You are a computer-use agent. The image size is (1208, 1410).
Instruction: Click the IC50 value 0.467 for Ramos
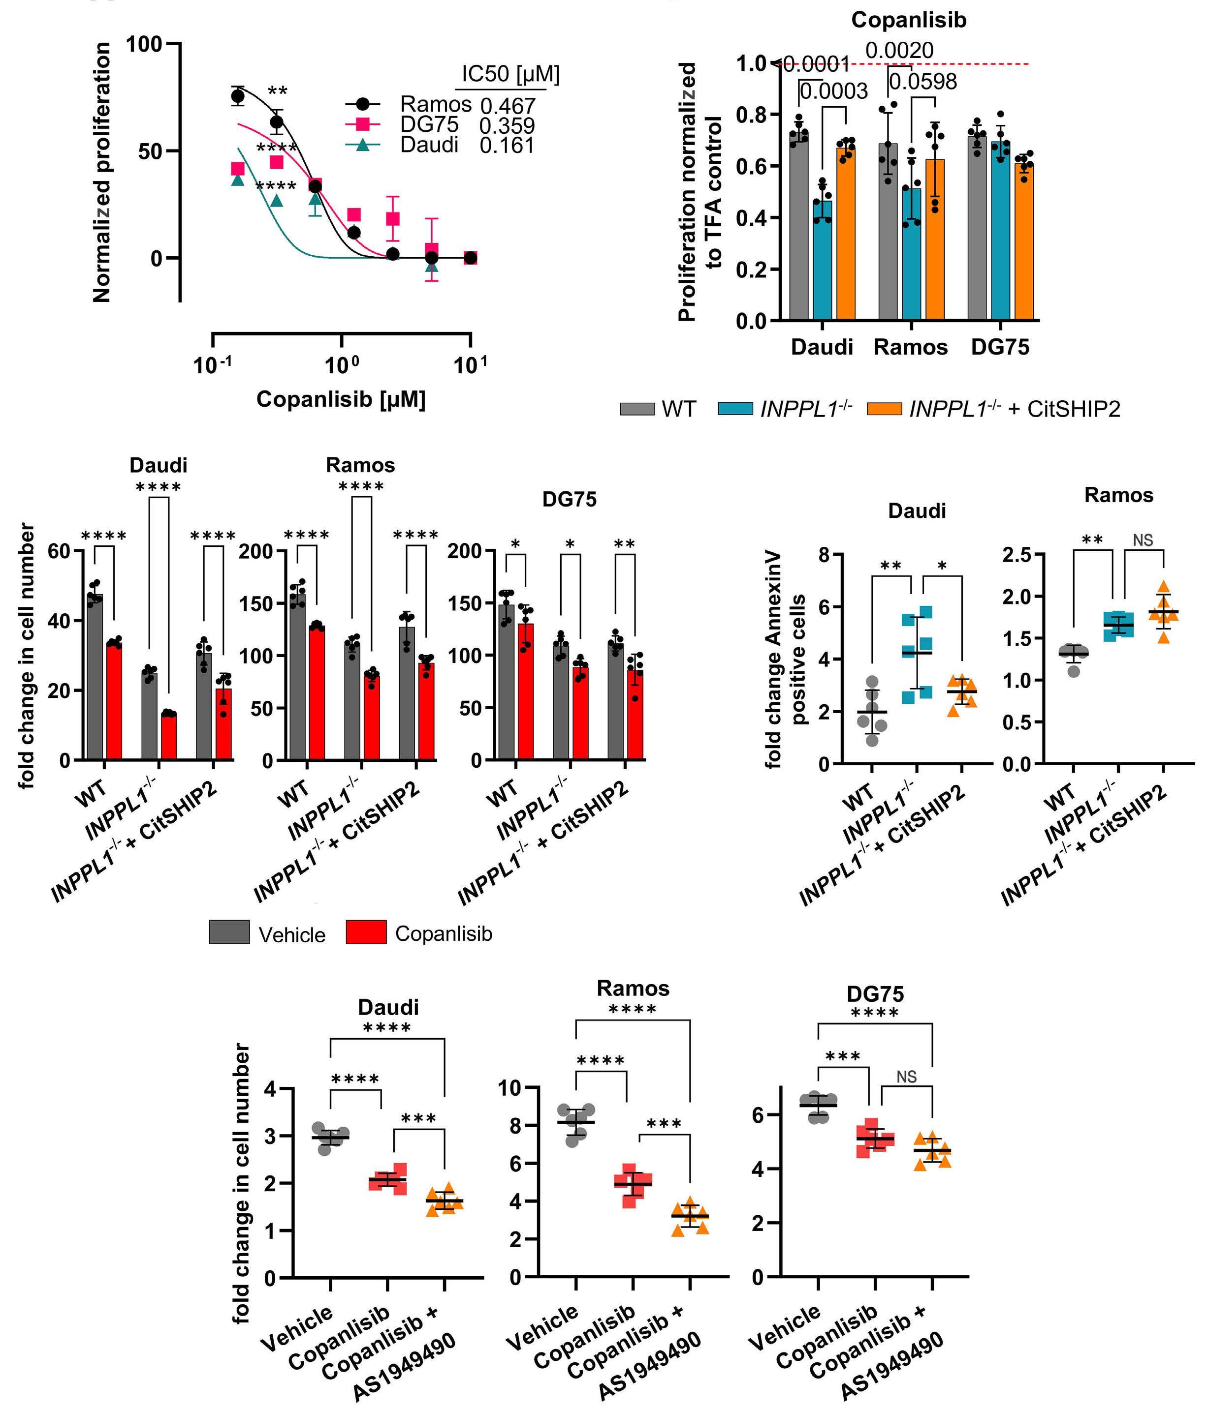click(x=508, y=106)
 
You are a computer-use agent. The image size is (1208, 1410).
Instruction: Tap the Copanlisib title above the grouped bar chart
click(x=908, y=21)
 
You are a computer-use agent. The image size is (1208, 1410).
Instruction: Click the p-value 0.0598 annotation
click(x=922, y=82)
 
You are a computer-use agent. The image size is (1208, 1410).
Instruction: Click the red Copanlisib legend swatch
click(x=366, y=932)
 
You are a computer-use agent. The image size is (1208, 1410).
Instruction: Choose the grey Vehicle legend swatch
click(x=229, y=932)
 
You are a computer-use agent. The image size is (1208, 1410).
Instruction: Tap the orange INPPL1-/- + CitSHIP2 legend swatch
click(x=884, y=409)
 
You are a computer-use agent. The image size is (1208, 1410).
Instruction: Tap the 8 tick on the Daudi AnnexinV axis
click(x=824, y=555)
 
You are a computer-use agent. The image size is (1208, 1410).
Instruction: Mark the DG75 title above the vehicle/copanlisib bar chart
click(x=569, y=500)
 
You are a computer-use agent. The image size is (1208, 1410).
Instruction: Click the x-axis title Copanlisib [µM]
click(x=341, y=399)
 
